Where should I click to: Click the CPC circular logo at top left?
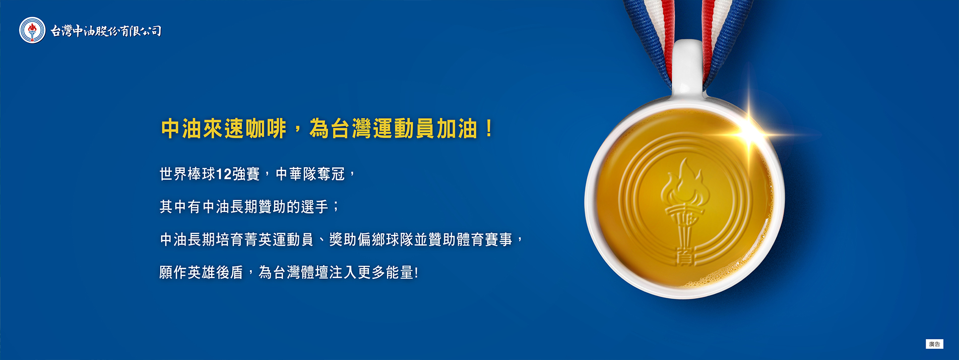(x=32, y=30)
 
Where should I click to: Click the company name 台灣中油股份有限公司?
(x=106, y=31)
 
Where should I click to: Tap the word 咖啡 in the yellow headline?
(x=267, y=129)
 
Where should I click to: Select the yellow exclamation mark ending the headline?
(x=489, y=129)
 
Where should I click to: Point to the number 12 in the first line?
(x=224, y=174)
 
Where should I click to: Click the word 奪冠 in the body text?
(x=331, y=174)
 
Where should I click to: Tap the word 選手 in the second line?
(x=315, y=207)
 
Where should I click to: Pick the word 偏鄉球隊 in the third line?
(x=386, y=239)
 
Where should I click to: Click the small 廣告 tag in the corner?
(x=934, y=344)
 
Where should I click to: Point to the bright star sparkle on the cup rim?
(x=751, y=130)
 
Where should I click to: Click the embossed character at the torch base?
(x=685, y=257)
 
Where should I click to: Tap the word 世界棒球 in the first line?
(x=187, y=174)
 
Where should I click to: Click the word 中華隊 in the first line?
(x=296, y=174)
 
